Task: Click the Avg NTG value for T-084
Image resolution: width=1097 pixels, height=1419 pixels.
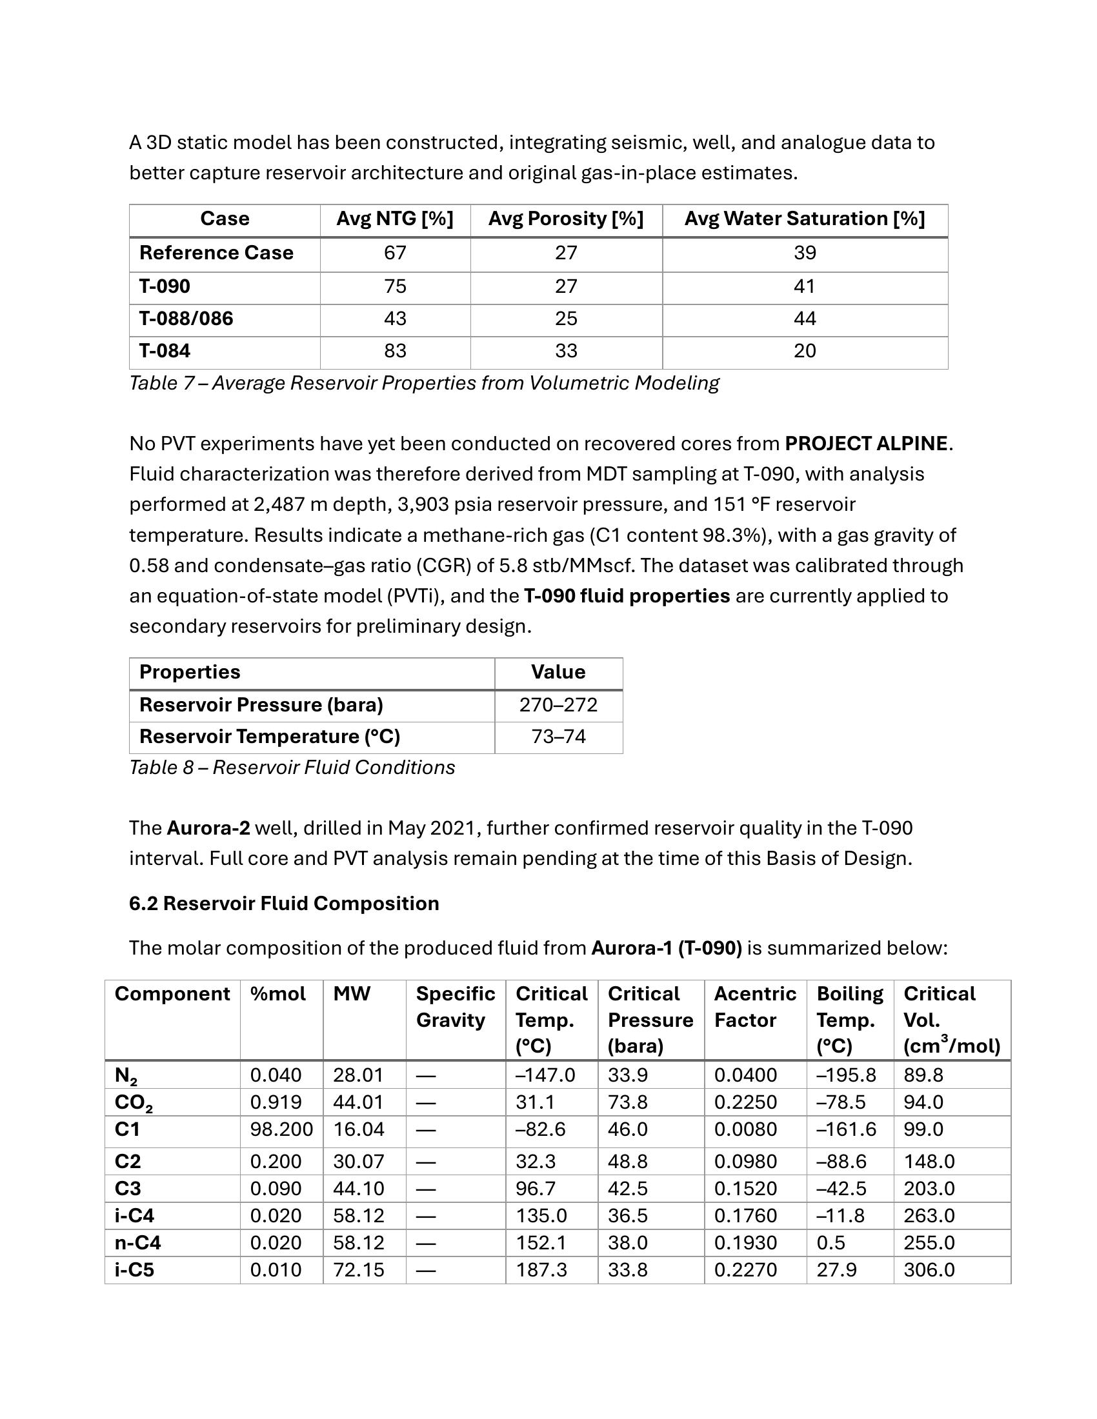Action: click(395, 351)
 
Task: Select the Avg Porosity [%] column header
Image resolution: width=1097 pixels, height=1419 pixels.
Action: click(565, 219)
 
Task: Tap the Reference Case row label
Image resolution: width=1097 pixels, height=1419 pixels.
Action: click(216, 253)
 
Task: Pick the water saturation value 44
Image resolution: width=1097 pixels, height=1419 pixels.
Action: click(805, 319)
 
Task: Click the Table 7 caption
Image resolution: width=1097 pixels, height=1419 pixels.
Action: click(424, 383)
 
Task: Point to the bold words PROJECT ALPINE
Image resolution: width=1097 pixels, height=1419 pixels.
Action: click(865, 444)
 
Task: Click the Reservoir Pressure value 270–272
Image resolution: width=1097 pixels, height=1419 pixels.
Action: click(558, 705)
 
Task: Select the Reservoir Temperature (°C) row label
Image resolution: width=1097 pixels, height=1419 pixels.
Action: click(270, 737)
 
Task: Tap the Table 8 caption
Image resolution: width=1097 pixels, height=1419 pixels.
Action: click(292, 768)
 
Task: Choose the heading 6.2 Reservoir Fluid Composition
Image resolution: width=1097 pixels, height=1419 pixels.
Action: click(284, 904)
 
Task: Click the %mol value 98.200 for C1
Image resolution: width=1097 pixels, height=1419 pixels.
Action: click(281, 1129)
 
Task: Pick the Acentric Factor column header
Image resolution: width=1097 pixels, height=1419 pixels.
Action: click(754, 1007)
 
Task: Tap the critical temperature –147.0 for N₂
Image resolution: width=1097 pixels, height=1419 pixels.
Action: click(545, 1075)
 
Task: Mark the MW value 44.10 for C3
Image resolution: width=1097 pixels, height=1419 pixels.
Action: click(359, 1188)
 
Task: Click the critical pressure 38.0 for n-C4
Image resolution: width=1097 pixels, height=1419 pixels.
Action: click(628, 1243)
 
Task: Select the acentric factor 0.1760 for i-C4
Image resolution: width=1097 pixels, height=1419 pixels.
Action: click(745, 1216)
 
